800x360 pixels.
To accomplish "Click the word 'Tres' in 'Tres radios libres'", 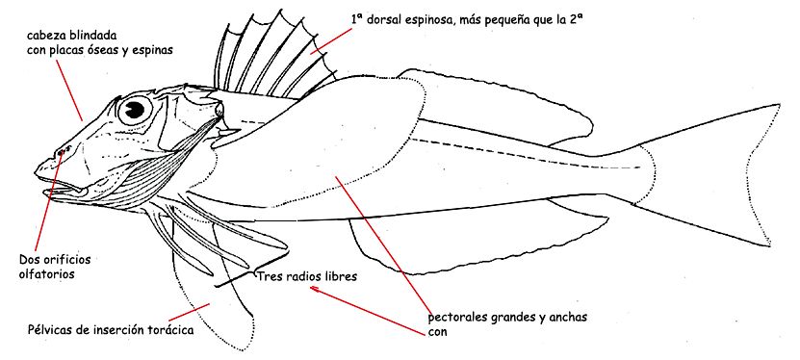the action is tap(271, 276).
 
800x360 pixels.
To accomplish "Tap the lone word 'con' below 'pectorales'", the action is tap(437, 333).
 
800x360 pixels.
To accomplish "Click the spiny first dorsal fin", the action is tap(279, 58).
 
